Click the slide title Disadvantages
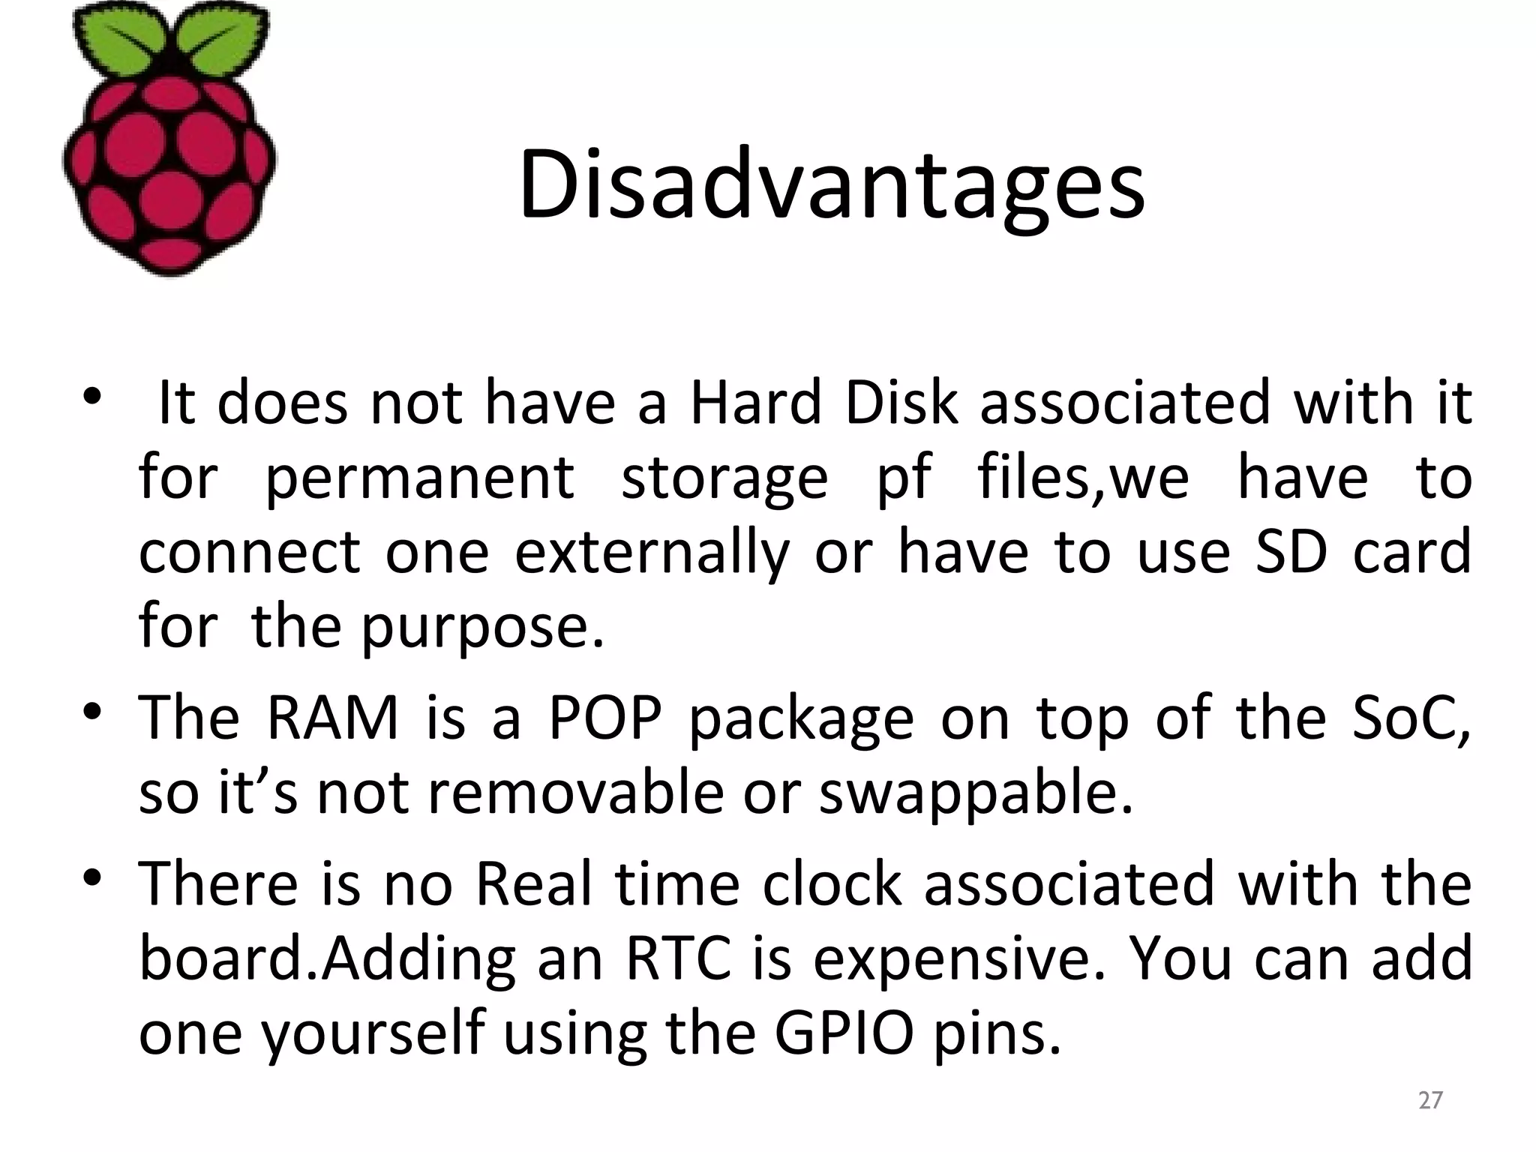pyautogui.click(x=831, y=186)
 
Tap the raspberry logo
pyautogui.click(x=169, y=142)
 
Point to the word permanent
pyautogui.click(x=420, y=478)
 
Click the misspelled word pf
pyautogui.click(x=903, y=478)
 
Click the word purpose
pyautogui.click(x=481, y=628)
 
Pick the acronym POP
pyautogui.click(x=605, y=718)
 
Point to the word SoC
pyautogui.click(x=1410, y=718)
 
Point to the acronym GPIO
pyautogui.click(x=844, y=1033)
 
